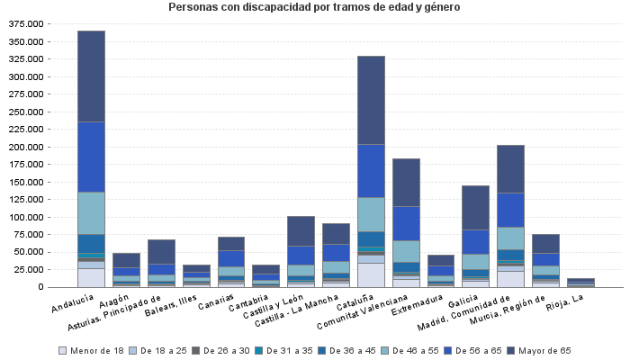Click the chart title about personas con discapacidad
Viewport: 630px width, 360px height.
coord(314,7)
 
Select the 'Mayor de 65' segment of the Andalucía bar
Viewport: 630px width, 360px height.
coord(91,76)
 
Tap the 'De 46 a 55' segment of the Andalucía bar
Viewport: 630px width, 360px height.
coord(91,212)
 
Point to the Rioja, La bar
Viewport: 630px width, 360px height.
coord(580,283)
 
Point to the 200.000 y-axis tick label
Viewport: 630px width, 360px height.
coord(25,147)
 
